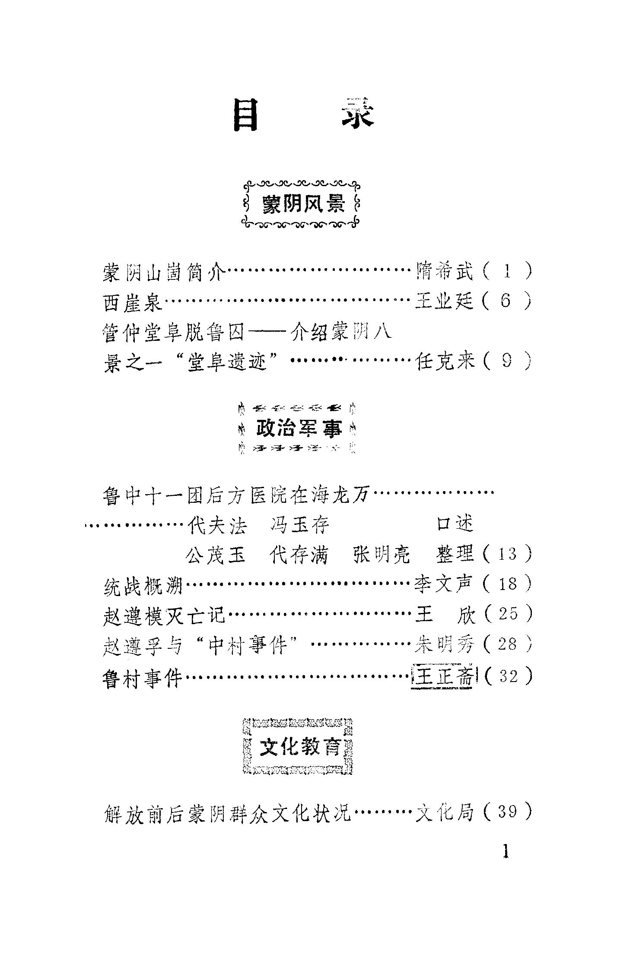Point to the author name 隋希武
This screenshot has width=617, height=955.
click(445, 272)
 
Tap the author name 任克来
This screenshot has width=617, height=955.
click(445, 361)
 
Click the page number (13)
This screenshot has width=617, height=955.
click(507, 554)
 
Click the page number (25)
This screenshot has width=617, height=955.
click(507, 615)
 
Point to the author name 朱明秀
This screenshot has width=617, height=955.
click(445, 646)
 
